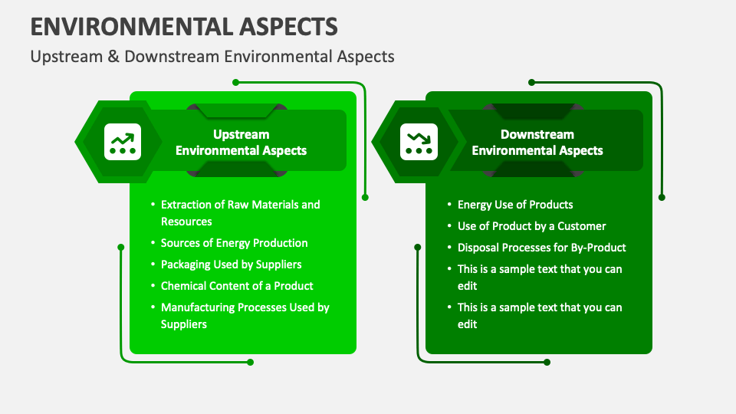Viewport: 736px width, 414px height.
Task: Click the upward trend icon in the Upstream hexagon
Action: tap(123, 142)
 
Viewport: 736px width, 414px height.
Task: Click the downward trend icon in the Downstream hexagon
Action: tap(419, 142)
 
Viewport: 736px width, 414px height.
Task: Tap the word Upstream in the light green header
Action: tap(241, 134)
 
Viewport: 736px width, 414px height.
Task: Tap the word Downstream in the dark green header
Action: tap(537, 134)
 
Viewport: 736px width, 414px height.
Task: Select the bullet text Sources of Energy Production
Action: tap(234, 243)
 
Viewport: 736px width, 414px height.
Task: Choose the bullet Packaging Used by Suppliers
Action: tap(231, 264)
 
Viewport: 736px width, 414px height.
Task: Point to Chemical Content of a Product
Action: tap(237, 286)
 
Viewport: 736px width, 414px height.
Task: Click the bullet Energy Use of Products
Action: tap(515, 205)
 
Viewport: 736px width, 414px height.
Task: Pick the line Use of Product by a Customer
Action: tap(531, 226)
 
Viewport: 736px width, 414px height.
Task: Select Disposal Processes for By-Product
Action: tap(541, 248)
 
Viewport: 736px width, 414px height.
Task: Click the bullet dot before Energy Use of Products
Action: tap(449, 205)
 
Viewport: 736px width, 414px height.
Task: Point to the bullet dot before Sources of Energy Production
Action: tap(153, 243)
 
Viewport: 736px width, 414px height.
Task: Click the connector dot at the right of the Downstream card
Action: tap(662, 197)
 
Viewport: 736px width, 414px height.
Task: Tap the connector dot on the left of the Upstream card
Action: tap(120, 247)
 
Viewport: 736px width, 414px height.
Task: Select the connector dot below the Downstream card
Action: tap(547, 362)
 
